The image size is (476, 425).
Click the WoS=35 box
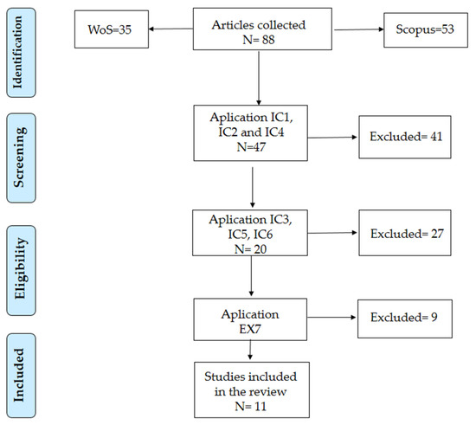coord(112,29)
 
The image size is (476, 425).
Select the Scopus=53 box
coord(426,29)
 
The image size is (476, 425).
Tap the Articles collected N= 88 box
coord(262,29)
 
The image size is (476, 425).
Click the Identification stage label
coord(21,53)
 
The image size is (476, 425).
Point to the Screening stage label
coord(21,158)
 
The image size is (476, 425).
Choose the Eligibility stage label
coord(21,270)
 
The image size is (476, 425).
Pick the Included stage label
coord(21,376)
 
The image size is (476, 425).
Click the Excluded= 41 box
coord(405,137)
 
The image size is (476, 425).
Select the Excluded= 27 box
coord(405,233)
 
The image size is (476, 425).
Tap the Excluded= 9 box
coord(405,319)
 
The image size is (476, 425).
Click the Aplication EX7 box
coord(250,319)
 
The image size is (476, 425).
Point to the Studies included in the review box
coord(252,390)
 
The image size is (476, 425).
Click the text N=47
coord(251,147)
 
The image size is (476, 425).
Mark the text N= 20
coord(250,249)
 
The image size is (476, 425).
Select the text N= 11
coord(250,406)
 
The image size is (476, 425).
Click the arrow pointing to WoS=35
coord(170,29)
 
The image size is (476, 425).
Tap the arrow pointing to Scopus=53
coord(359,29)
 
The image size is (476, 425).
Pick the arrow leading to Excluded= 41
coord(332,138)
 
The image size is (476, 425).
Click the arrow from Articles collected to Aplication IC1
coord(259,78)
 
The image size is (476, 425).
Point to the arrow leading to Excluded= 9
coord(331,317)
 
